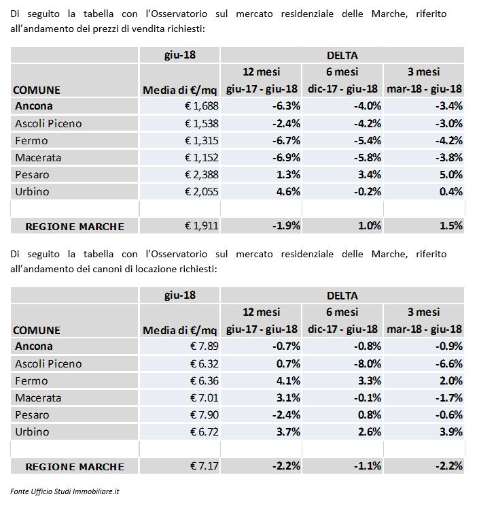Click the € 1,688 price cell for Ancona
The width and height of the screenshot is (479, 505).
[x=202, y=106]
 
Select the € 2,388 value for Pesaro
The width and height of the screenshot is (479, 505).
[x=202, y=174]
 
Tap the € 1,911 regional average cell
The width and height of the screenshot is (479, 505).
[x=202, y=226]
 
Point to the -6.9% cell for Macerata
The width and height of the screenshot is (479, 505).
[x=286, y=157]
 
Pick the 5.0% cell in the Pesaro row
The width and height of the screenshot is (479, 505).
[x=450, y=174]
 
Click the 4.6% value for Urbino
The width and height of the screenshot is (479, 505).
[x=288, y=192]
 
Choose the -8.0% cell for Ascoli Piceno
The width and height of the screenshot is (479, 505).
[x=368, y=363]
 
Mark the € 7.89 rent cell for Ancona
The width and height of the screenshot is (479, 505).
[x=204, y=346]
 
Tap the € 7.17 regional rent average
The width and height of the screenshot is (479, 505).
[x=204, y=466]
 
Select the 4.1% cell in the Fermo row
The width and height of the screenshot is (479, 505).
[x=288, y=380]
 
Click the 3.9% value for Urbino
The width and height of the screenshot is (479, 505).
[x=450, y=432]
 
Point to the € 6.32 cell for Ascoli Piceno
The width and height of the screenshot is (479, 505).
[x=204, y=363]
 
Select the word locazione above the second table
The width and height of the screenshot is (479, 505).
[x=154, y=269]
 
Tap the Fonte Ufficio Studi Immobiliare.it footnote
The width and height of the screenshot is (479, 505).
[x=65, y=491]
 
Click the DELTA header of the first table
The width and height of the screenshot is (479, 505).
[x=342, y=55]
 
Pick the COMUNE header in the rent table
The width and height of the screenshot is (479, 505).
[x=37, y=331]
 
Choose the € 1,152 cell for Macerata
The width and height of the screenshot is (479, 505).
[x=202, y=157]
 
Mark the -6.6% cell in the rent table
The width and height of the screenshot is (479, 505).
[x=449, y=363]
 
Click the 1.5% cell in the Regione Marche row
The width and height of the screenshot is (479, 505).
[x=450, y=226]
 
